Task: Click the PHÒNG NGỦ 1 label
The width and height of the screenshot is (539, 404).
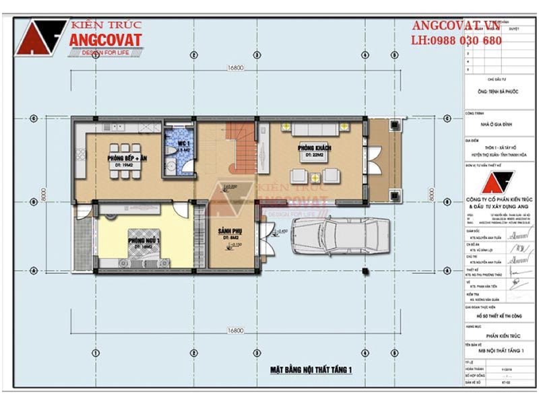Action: [143, 241]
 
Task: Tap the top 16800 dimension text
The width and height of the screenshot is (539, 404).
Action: [235, 68]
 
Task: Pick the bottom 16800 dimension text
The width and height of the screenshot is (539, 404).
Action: [235, 331]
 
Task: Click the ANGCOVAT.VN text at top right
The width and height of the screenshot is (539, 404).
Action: [456, 26]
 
